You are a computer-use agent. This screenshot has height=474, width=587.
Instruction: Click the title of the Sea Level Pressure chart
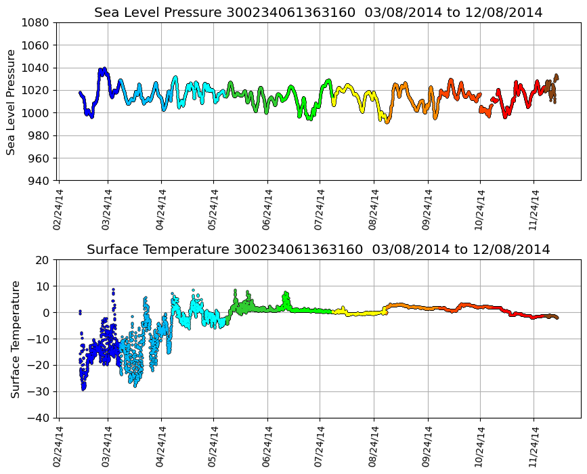[x=318, y=13]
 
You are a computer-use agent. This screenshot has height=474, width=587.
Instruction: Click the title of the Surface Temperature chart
[x=318, y=250]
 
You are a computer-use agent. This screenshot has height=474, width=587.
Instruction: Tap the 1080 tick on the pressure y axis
[x=37, y=22]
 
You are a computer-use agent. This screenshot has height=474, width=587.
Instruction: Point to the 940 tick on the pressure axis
[x=40, y=181]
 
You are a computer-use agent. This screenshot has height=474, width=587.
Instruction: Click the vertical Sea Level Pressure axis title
[x=12, y=102]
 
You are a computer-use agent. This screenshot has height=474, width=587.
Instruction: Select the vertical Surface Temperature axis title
[x=15, y=339]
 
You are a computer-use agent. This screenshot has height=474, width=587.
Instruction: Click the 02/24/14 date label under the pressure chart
[x=58, y=209]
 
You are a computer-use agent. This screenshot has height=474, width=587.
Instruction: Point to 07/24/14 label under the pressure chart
[x=320, y=209]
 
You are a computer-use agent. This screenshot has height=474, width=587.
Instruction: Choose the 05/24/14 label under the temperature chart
[x=213, y=446]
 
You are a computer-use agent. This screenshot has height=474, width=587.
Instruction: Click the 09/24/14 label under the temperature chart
[x=427, y=446]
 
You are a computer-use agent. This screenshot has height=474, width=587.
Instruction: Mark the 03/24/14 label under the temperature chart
[x=107, y=446]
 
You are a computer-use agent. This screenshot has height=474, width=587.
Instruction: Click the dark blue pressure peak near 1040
[x=103, y=70]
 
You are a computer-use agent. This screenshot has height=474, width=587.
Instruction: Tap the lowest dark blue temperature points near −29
[x=83, y=387]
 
